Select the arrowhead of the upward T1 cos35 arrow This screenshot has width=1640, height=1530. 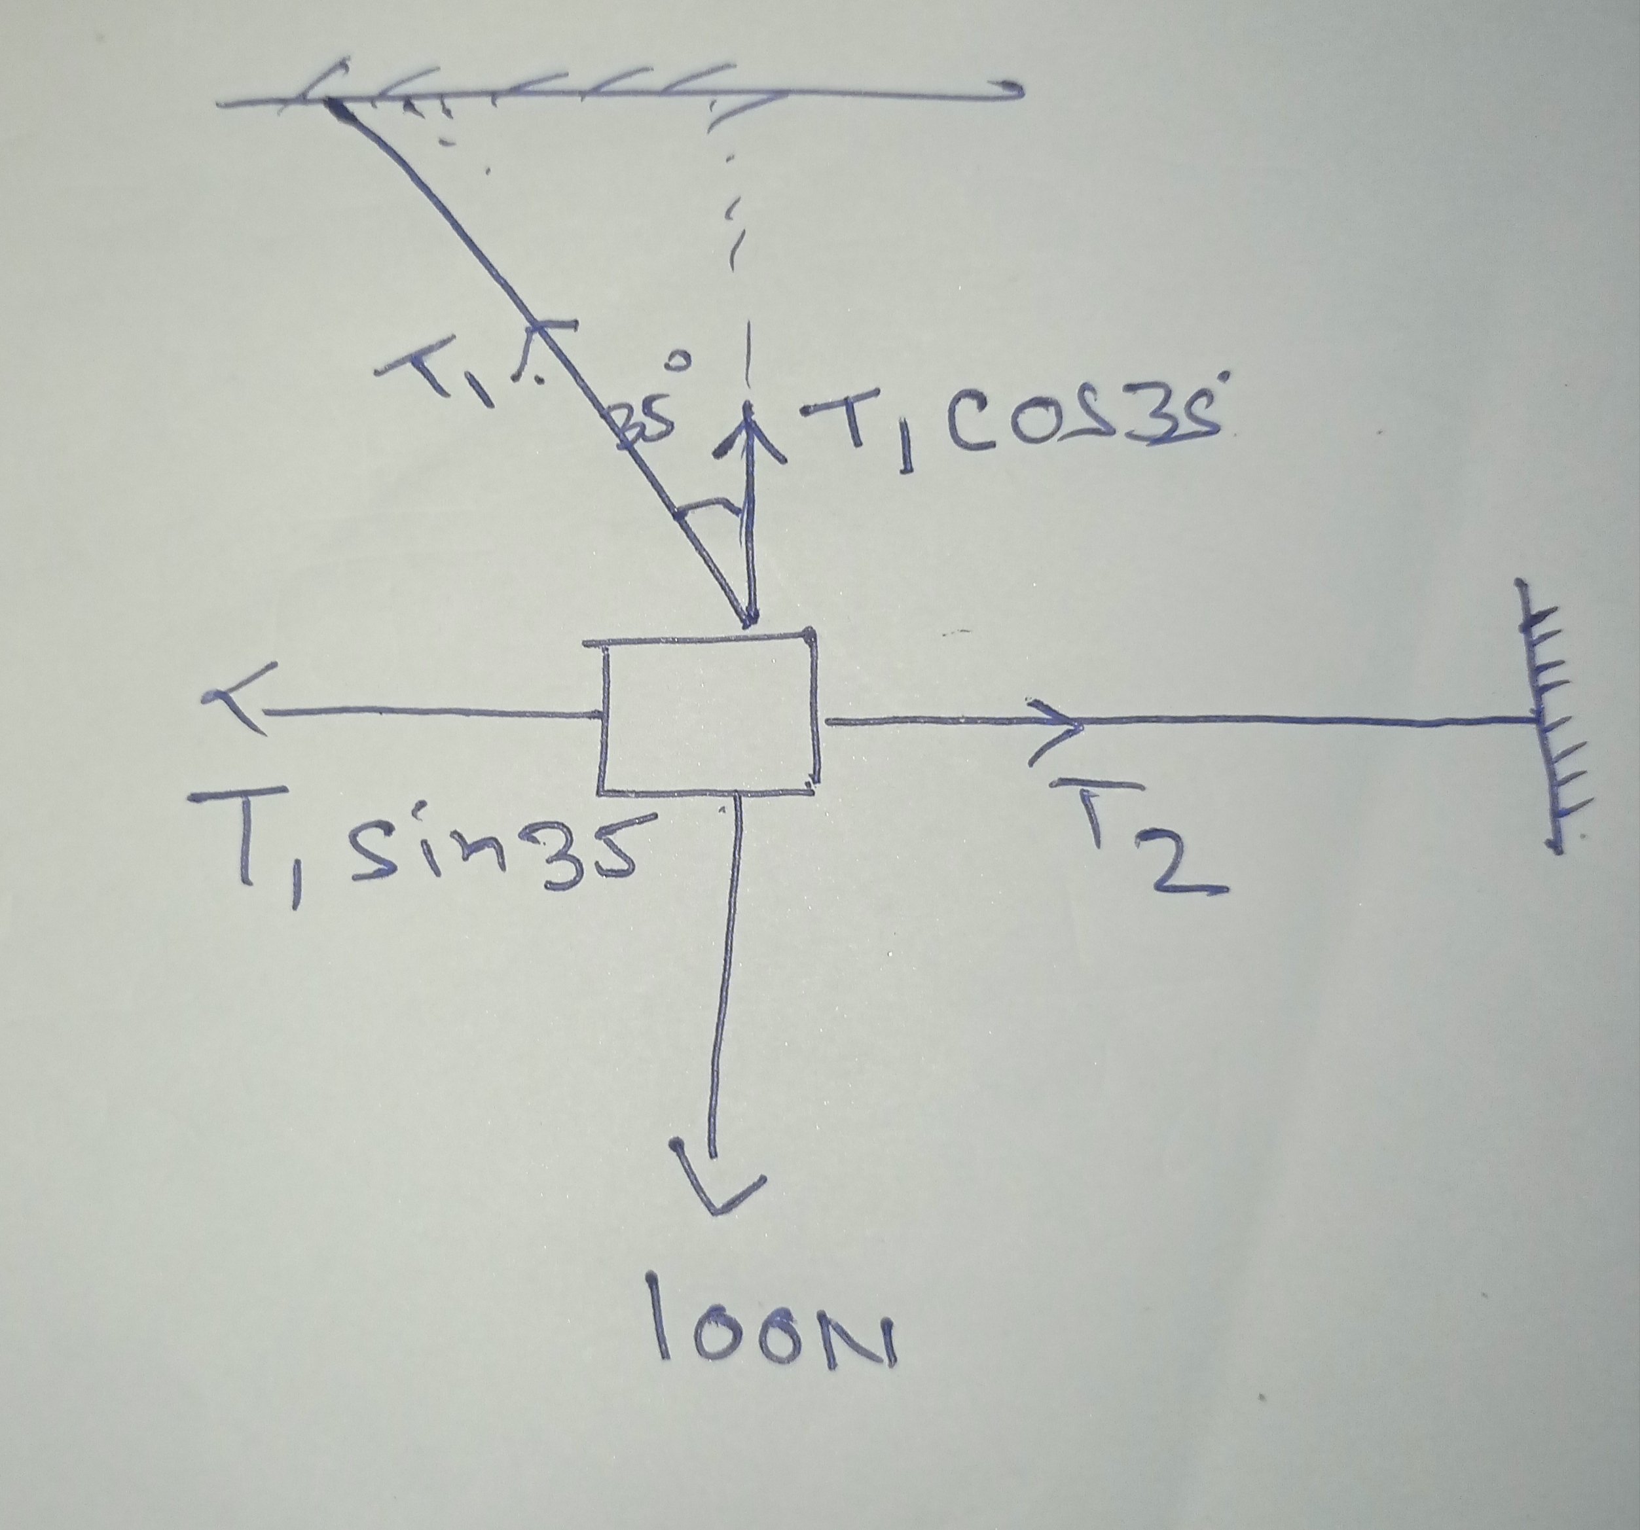[x=749, y=429]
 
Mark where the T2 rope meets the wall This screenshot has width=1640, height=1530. [x=1536, y=722]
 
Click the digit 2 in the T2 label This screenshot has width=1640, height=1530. [x=1180, y=870]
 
